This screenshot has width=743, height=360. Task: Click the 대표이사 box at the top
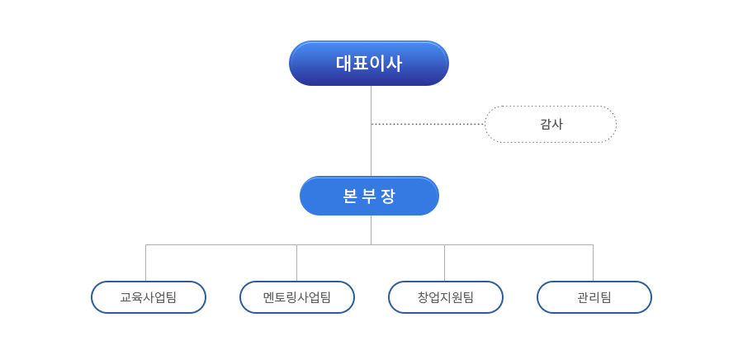pos(369,64)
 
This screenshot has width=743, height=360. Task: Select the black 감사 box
pos(551,124)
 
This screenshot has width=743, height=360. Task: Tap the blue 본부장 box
pos(369,197)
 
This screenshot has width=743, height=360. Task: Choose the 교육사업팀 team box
pos(149,297)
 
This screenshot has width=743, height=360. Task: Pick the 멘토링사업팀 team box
pos(297,297)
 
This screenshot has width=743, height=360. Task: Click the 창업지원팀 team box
pos(446,297)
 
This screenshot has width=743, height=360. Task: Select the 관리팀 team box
pos(594,297)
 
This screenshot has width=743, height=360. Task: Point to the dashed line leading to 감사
pos(428,124)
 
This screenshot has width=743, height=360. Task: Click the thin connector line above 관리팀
pos(593,263)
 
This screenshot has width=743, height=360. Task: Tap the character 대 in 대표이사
pos(344,64)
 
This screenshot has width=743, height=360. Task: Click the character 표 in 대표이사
pos(361,64)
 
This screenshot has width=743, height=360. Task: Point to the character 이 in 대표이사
pos(377,64)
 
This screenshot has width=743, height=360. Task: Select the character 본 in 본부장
pos(349,197)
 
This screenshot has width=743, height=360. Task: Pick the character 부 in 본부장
pos(369,197)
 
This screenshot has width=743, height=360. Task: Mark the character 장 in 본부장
pos(389,197)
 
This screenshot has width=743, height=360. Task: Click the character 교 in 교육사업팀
pos(125,297)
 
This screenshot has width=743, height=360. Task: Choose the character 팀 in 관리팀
pos(606,297)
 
